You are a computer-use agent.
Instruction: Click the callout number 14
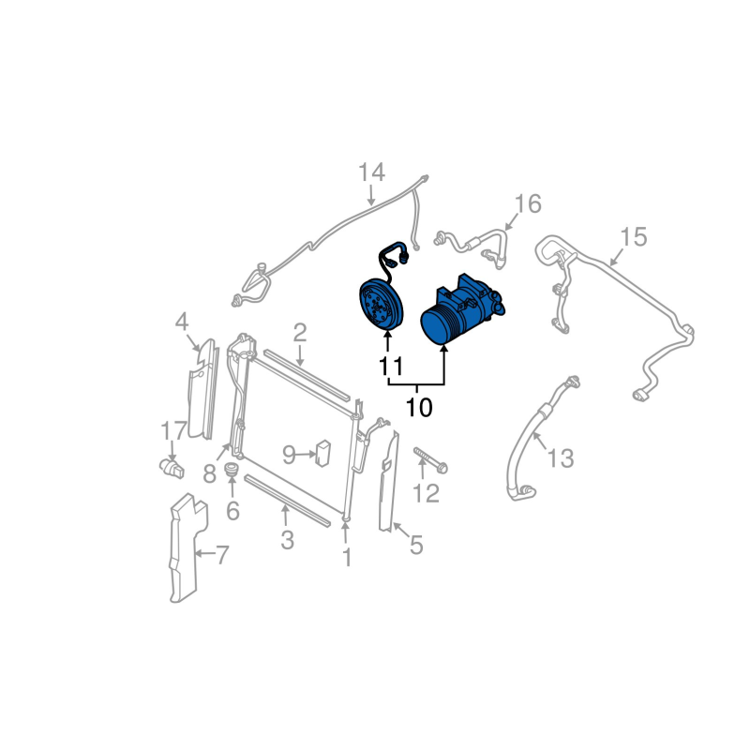[x=371, y=173]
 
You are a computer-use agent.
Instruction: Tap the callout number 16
[x=528, y=203]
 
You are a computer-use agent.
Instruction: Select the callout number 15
[x=634, y=237]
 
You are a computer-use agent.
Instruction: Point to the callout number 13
[x=560, y=458]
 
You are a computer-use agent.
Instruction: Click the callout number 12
[x=426, y=493]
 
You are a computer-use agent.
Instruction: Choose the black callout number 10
[x=419, y=408]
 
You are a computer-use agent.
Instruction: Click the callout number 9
[x=290, y=456]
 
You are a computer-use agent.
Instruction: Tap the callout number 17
[x=173, y=432]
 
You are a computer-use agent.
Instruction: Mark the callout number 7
[x=222, y=556]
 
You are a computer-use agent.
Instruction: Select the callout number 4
[x=181, y=323]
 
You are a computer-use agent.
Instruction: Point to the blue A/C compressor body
[x=457, y=308]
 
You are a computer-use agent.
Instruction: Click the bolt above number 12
[x=429, y=460]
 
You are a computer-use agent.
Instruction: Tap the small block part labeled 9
[x=324, y=453]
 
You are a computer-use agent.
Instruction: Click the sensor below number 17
[x=170, y=466]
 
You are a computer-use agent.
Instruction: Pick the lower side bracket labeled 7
[x=182, y=552]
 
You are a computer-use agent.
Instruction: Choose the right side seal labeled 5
[x=388, y=483]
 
